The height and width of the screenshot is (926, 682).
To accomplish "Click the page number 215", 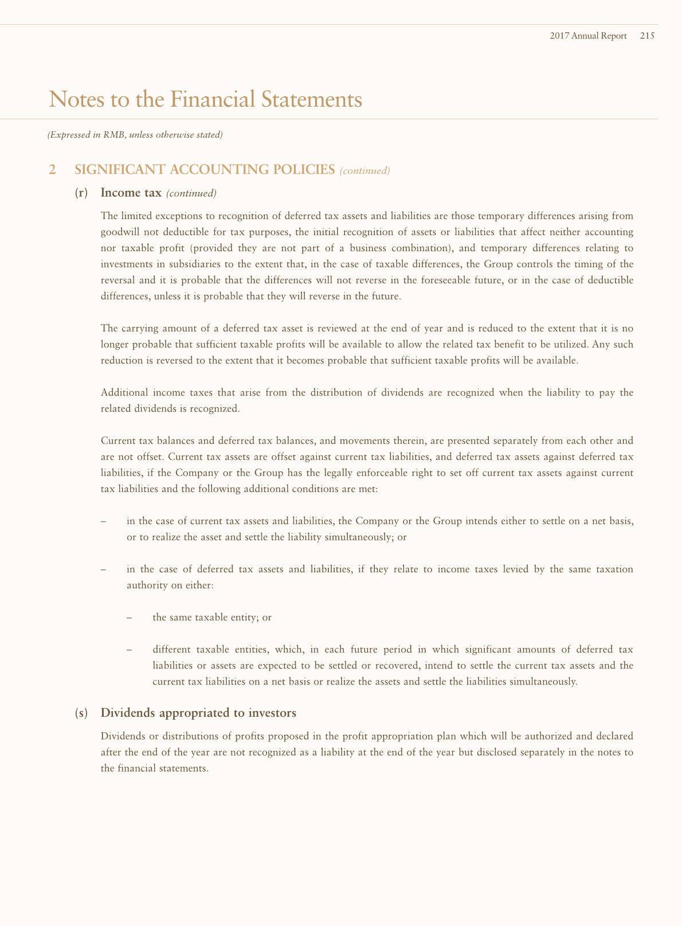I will pyautogui.click(x=648, y=36).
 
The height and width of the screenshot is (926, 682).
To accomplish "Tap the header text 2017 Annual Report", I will pyautogui.click(x=588, y=36).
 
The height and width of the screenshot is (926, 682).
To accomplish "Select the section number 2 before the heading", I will pyautogui.click(x=53, y=170).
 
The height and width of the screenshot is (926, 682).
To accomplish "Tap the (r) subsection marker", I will pyautogui.click(x=81, y=193).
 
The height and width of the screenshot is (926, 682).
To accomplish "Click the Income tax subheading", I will pyautogui.click(x=131, y=193).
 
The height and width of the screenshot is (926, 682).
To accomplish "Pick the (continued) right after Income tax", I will pyautogui.click(x=191, y=193).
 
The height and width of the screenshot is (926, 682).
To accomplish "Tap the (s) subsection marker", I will pyautogui.click(x=81, y=713).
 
